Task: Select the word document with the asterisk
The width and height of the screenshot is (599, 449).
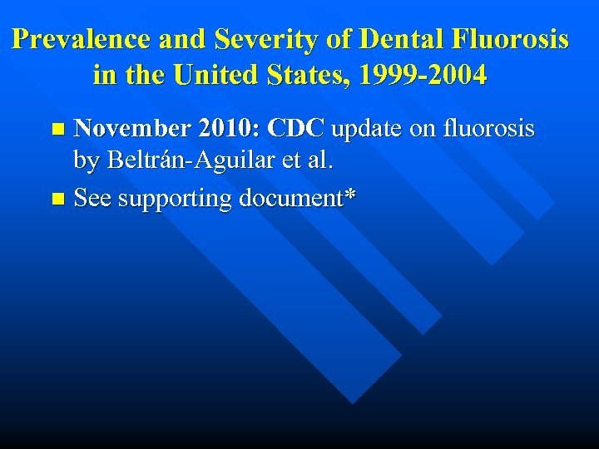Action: [x=297, y=199]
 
